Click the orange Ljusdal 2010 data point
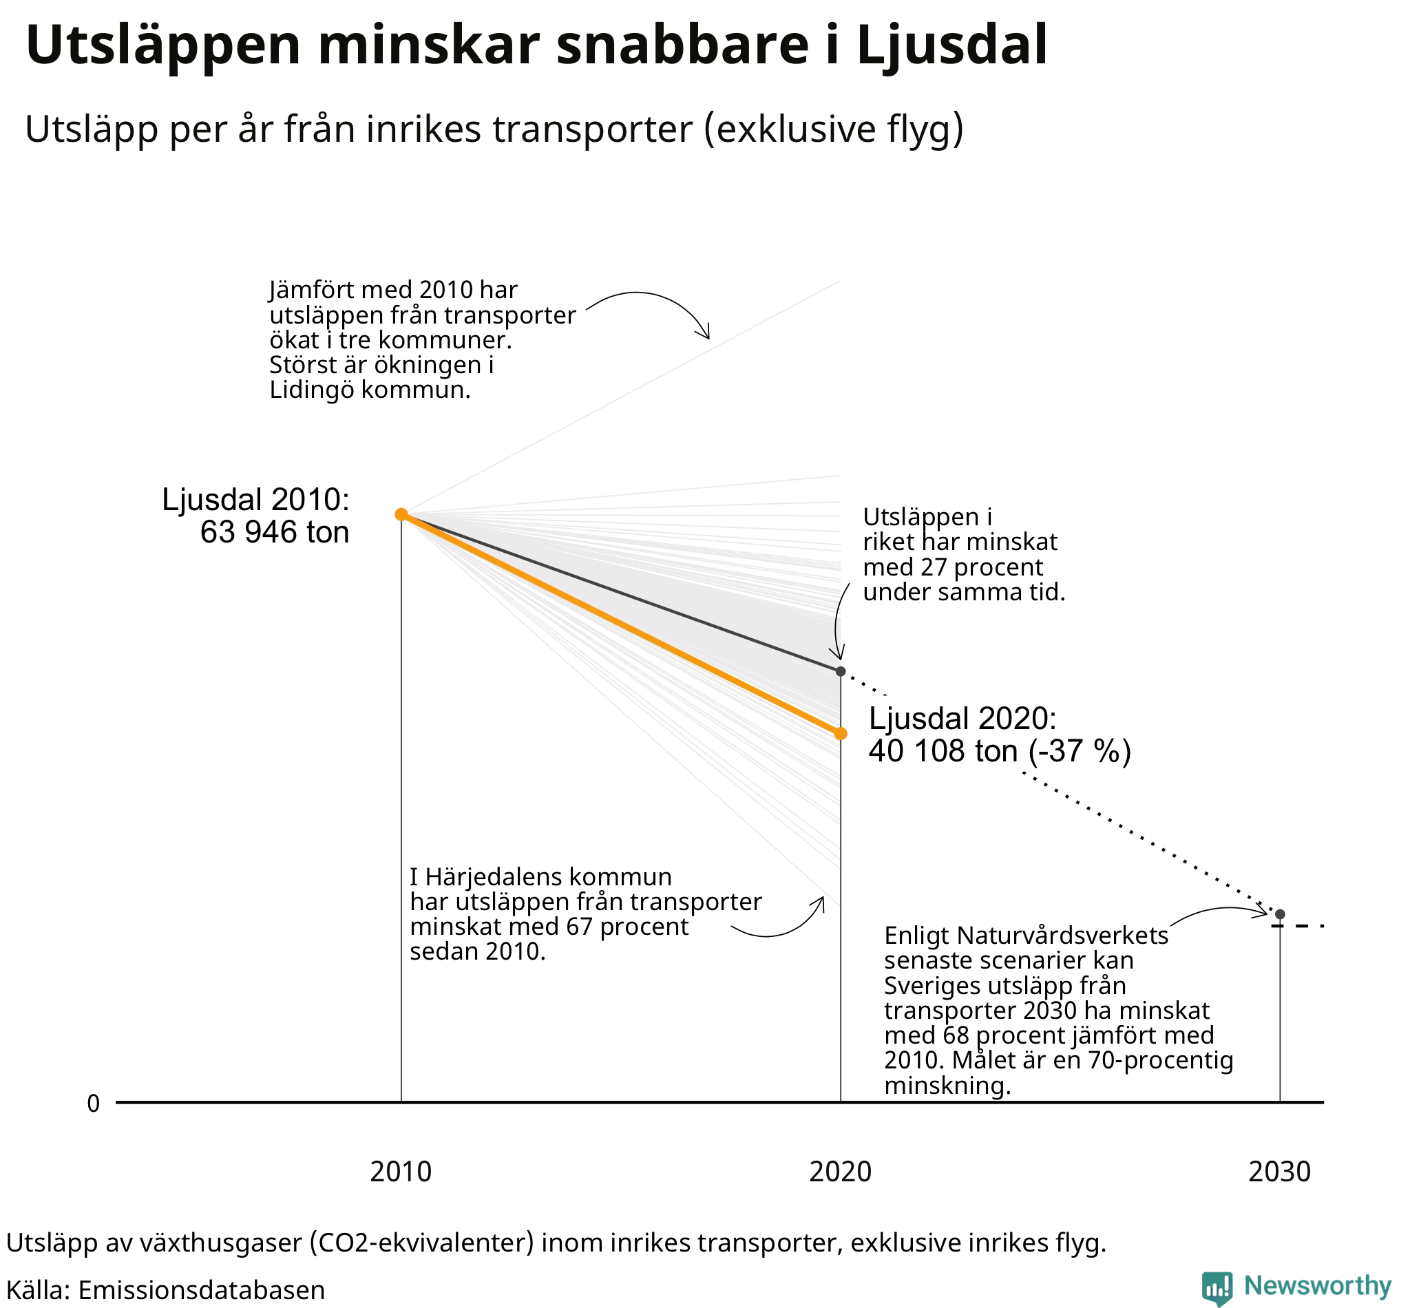coord(401,514)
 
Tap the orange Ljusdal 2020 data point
coord(840,733)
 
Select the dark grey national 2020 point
coord(840,671)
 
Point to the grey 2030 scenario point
coord(1280,914)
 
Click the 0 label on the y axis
coord(94,1104)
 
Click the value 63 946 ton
coord(275,532)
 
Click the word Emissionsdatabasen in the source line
coord(201,1290)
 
